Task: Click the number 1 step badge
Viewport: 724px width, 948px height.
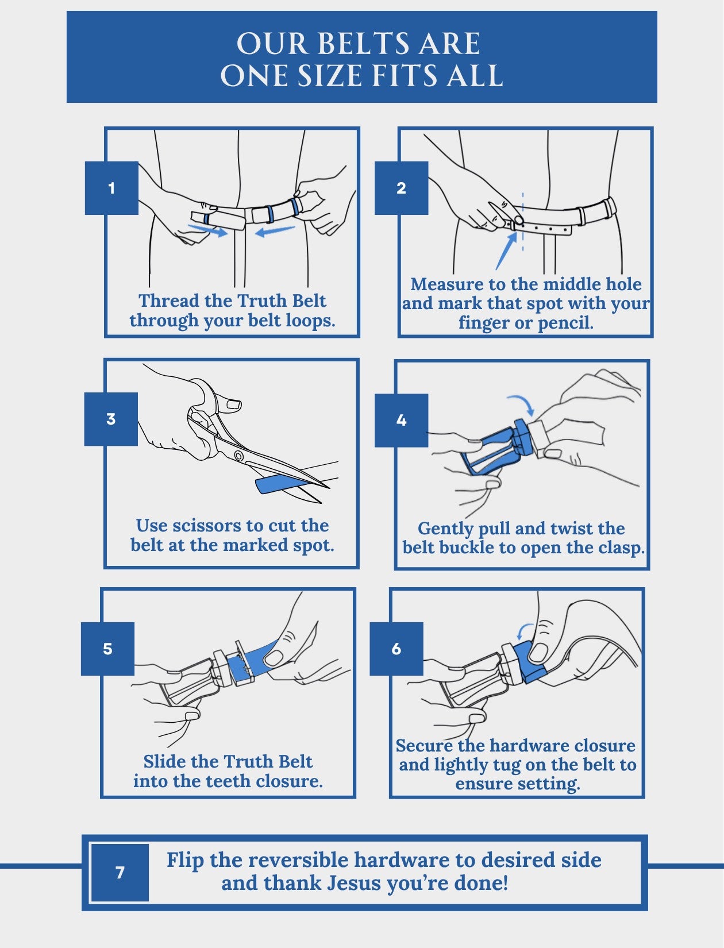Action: [111, 188]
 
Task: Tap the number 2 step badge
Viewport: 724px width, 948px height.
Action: [401, 188]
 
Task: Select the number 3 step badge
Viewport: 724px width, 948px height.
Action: [111, 419]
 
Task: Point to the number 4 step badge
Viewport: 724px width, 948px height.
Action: [401, 420]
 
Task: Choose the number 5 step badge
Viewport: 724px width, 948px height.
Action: [107, 649]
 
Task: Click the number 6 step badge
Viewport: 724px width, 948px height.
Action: [396, 649]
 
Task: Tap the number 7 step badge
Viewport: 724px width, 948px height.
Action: [120, 872]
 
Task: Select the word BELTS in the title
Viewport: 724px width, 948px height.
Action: [364, 43]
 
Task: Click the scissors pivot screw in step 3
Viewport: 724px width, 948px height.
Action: [238, 455]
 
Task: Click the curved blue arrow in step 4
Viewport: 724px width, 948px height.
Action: [522, 403]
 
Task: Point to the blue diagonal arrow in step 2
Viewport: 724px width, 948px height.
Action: [506, 251]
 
